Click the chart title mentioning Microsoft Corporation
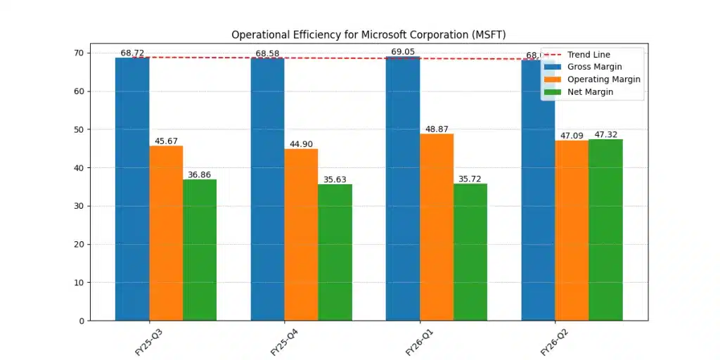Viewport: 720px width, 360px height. (x=368, y=34)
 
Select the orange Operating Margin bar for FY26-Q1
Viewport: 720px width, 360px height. (x=437, y=226)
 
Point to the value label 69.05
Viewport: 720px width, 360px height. (x=403, y=52)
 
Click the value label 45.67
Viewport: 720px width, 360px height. (x=167, y=141)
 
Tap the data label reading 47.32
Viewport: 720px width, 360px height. (x=605, y=134)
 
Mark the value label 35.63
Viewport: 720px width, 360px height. (x=335, y=179)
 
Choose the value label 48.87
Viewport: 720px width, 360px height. (x=437, y=129)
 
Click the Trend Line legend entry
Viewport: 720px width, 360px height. (x=589, y=55)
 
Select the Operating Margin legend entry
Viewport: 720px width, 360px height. (x=603, y=79)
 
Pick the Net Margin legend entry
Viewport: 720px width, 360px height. (x=590, y=92)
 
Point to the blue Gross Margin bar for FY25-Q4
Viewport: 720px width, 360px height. (x=267, y=189)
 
